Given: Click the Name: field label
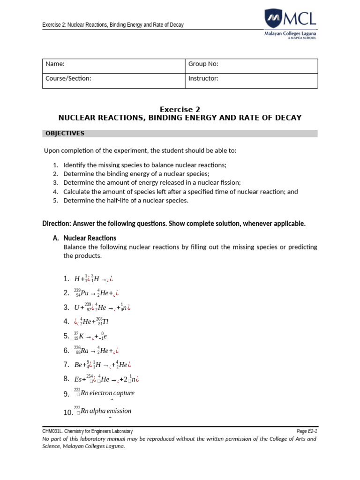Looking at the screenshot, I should click(x=55, y=64).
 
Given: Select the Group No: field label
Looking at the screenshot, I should click(x=203, y=64).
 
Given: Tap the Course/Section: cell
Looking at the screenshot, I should click(x=68, y=78).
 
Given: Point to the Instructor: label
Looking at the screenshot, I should click(x=203, y=78).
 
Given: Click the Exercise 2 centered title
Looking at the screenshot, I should click(x=180, y=109).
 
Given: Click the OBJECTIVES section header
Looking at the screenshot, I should click(x=65, y=134).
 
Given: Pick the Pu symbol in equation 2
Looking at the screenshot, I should click(x=84, y=293).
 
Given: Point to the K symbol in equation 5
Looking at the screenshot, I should click(x=82, y=336).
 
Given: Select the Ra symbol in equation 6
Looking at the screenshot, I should click(x=84, y=351).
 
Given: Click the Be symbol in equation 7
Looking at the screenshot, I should click(x=78, y=365).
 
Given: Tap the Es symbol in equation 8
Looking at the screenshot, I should click(x=78, y=379).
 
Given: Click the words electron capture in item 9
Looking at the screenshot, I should click(x=112, y=393).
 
